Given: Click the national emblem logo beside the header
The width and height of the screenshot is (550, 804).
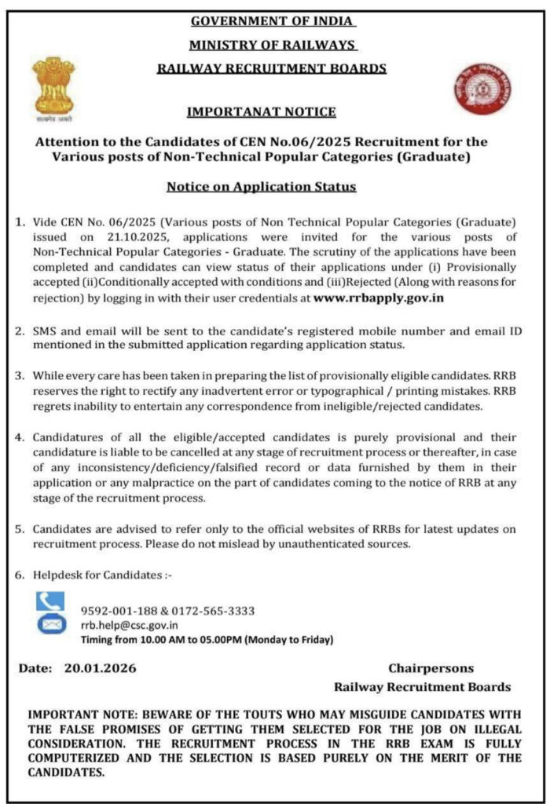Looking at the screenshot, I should (x=53, y=88).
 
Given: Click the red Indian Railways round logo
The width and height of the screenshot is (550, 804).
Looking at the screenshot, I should (x=481, y=90).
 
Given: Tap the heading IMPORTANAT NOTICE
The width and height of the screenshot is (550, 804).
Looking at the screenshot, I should (x=261, y=112).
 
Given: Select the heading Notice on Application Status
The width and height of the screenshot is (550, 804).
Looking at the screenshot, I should (x=261, y=187).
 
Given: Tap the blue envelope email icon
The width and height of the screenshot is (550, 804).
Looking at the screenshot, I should (x=49, y=625).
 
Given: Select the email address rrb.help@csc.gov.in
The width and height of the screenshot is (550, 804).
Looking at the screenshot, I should (x=130, y=625).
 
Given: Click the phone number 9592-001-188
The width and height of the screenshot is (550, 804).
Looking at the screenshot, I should (x=114, y=611).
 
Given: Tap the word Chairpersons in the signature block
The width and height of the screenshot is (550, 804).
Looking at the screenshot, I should (x=431, y=668).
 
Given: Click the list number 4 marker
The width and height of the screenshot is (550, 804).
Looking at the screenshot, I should (x=20, y=437).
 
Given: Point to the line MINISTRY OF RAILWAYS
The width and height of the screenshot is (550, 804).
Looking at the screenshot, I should (x=273, y=46).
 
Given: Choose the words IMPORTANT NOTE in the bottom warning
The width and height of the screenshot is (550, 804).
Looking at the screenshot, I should (x=75, y=714).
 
